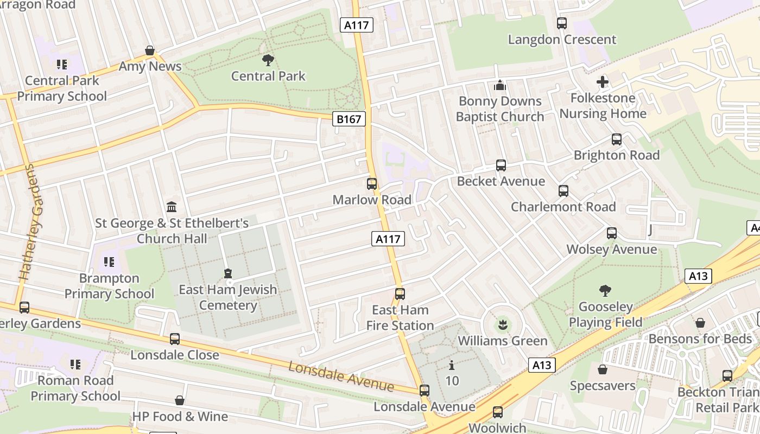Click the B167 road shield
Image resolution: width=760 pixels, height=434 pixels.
[x=349, y=119]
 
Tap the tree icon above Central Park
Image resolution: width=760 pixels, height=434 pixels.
[x=268, y=60]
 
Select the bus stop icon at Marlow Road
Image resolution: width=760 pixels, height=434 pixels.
[x=372, y=184]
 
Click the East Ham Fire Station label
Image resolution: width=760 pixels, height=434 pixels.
[x=400, y=318]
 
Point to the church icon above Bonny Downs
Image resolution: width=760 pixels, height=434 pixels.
[x=499, y=85]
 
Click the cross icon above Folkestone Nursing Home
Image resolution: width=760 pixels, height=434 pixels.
[x=603, y=82]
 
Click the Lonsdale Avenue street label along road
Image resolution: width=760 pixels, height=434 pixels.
[x=341, y=376]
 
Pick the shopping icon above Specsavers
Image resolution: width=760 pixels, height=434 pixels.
[x=603, y=370]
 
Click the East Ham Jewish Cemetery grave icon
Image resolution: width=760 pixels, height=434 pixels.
[x=228, y=273]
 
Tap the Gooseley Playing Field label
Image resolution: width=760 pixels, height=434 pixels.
[x=605, y=315]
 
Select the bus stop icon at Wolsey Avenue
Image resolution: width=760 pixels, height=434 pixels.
[x=612, y=233]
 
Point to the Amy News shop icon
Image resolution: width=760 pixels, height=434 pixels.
[x=150, y=51]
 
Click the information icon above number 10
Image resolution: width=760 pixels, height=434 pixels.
[x=452, y=365]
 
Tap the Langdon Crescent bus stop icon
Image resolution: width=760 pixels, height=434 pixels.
[x=562, y=23]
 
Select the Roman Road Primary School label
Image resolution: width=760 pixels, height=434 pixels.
[x=75, y=388]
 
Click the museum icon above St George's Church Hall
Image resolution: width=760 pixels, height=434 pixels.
[x=172, y=207]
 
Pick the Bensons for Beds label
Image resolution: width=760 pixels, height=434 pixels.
[x=701, y=339]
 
